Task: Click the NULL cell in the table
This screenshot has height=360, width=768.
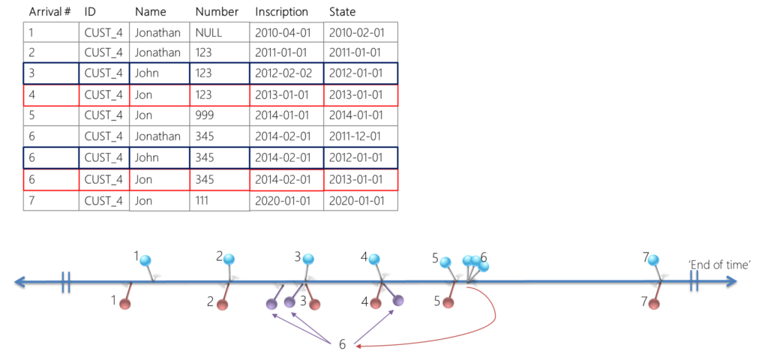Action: [x=208, y=32]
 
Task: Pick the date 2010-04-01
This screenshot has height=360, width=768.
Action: [x=277, y=32]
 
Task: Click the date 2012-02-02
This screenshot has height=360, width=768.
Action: [x=277, y=73]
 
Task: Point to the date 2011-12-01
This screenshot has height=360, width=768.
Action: [x=356, y=136]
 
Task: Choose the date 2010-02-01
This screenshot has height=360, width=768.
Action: [x=356, y=32]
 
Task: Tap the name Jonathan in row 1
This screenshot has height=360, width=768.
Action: [x=157, y=32]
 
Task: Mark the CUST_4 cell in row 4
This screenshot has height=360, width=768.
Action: [x=103, y=94]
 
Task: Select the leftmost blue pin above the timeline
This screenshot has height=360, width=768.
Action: [x=145, y=261]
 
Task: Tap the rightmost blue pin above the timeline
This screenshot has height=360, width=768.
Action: [x=654, y=260]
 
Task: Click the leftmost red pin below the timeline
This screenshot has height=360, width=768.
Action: [x=125, y=304]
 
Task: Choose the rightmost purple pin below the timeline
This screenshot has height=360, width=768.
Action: [x=398, y=301]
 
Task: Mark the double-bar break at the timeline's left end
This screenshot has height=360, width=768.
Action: [x=66, y=282]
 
